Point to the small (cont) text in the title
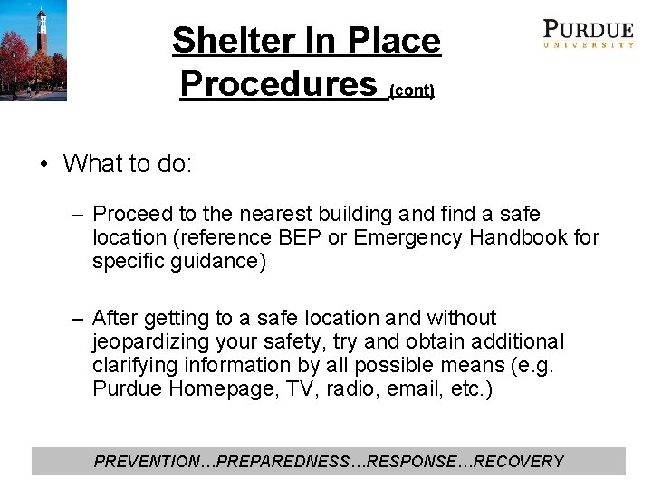[x=412, y=91]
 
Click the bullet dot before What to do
[x=43, y=164]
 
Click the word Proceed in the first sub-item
[x=132, y=215]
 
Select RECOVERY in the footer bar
[x=519, y=462]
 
